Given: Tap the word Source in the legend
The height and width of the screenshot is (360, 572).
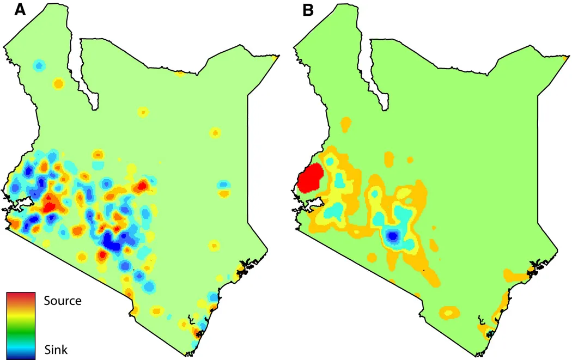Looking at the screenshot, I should pyautogui.click(x=62, y=301).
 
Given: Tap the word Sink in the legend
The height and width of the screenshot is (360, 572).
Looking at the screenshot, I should pyautogui.click(x=56, y=350).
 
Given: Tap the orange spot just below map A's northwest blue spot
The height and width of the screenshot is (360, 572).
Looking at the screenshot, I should pyautogui.click(x=58, y=83).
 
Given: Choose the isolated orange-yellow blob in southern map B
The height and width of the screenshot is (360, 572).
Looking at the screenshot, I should pyautogui.click(x=450, y=313).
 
